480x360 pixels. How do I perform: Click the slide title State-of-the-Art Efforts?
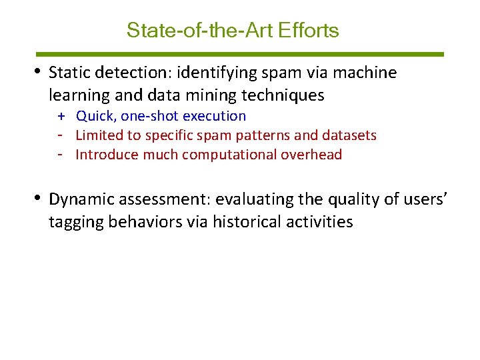pos(233,31)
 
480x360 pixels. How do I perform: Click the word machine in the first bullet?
pos(362,73)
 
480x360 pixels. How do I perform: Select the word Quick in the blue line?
pos(95,116)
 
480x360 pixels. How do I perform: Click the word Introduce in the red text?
pos(105,155)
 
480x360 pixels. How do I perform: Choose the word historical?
pos(247,222)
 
